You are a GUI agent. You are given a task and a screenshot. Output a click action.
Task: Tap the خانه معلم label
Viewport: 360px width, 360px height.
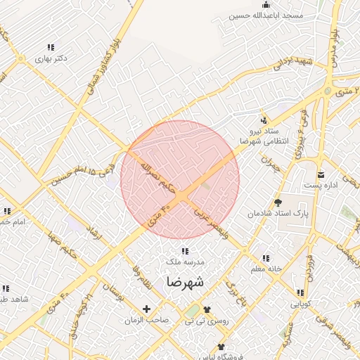[266, 269]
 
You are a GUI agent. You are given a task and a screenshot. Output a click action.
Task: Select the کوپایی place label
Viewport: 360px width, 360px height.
[300, 304]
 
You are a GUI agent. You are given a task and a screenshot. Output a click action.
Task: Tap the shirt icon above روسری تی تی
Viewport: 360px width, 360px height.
[207, 309]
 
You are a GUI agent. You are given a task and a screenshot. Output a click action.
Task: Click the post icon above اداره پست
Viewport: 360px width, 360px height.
[321, 175]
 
